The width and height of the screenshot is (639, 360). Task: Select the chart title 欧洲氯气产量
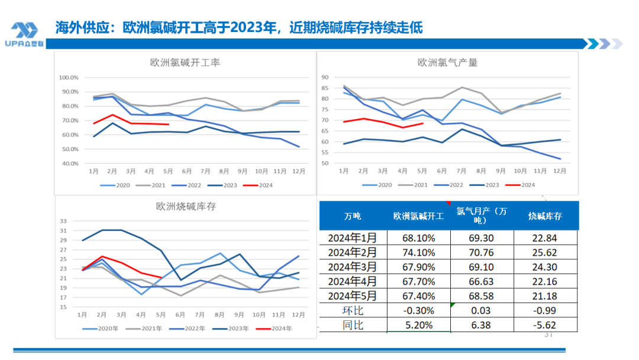tap(447, 62)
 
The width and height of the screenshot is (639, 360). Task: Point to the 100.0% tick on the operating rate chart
tap(69, 78)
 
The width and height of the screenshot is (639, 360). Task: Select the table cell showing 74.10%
tap(418, 253)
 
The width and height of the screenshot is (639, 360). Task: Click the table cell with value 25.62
tap(546, 253)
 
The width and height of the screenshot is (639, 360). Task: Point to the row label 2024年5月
tap(352, 294)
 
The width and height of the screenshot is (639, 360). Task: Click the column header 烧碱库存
tap(546, 216)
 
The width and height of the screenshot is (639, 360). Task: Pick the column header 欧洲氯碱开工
tap(418, 216)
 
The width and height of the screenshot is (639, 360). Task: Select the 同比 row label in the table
tap(352, 324)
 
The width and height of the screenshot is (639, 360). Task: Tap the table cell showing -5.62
tap(546, 324)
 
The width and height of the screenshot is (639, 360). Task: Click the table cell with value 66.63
tap(482, 281)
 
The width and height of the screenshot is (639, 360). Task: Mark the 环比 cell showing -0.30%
tap(418, 310)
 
